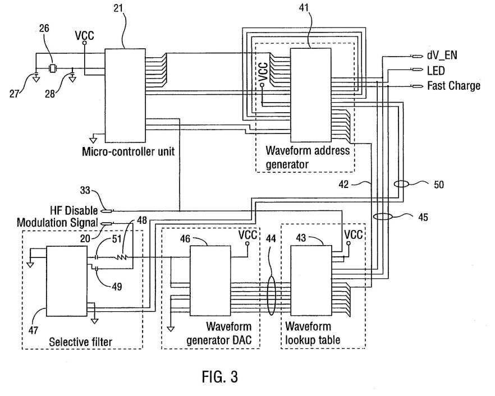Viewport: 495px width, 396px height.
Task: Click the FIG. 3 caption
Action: point(220,377)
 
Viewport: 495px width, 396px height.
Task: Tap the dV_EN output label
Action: point(442,56)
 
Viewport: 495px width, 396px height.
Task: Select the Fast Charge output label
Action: point(453,85)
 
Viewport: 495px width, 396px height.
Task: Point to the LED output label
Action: point(436,71)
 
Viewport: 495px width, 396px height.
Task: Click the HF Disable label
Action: point(74,210)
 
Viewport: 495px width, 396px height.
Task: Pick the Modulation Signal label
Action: point(57,223)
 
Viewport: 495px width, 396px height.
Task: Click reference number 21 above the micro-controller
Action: point(118,8)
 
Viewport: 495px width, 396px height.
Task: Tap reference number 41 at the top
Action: point(304,8)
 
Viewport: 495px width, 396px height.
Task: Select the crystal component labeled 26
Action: point(52,68)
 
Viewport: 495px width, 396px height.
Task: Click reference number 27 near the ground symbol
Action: point(14,94)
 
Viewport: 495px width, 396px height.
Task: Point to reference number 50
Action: point(438,185)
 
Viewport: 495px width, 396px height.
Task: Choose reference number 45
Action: point(423,217)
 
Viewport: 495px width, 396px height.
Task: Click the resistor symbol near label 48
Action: point(122,258)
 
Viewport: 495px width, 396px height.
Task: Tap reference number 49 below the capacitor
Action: point(117,287)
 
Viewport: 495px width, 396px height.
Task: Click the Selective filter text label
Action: point(80,342)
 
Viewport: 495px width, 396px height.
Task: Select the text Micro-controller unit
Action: point(128,152)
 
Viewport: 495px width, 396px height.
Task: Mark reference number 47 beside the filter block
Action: point(33,330)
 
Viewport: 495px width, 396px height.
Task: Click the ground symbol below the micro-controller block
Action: point(93,139)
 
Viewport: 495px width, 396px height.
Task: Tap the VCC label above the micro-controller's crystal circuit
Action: point(84,35)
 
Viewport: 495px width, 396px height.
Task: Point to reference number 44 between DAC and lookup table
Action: point(271,238)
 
